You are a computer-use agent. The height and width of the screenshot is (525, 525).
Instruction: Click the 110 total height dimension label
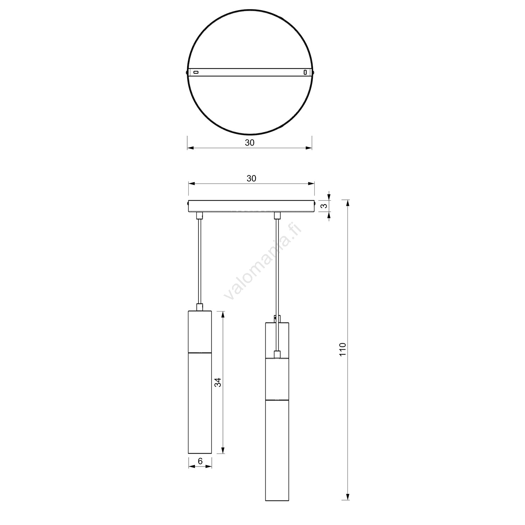(x=343, y=349)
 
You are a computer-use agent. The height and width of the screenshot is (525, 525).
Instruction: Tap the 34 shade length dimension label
(x=218, y=382)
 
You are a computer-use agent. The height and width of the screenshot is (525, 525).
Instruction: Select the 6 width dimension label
(x=200, y=461)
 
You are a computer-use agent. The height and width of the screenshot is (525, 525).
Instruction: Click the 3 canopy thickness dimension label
(x=325, y=206)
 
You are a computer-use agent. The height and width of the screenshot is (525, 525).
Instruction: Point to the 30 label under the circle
(x=250, y=143)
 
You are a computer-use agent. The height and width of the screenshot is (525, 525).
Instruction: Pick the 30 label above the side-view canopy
(x=251, y=178)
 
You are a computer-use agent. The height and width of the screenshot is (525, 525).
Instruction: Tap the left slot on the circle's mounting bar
(x=196, y=72)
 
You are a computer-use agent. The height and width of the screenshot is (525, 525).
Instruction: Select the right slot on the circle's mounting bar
(x=306, y=72)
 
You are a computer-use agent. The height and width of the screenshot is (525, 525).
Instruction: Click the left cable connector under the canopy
(x=199, y=216)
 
